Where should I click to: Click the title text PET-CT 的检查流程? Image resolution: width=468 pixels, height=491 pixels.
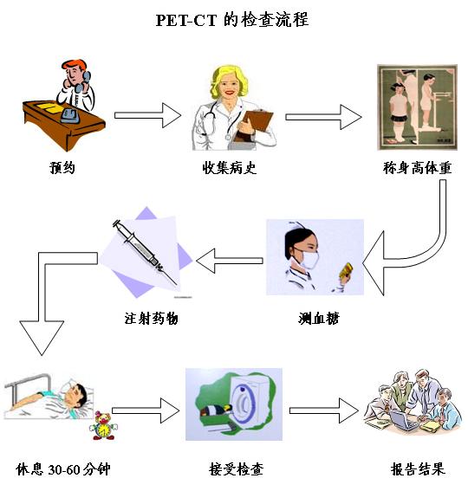pos(232,20)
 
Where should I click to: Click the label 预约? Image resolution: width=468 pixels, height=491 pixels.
pos(62,167)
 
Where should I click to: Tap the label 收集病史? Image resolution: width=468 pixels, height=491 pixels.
pos(229,167)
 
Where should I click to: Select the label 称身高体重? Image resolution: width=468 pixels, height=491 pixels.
pos(417,168)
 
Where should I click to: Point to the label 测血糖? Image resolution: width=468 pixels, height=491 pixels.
pos(318,319)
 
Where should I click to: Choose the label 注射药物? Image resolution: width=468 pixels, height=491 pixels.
pos(151,319)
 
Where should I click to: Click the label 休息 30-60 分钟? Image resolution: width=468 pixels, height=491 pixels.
pos(63,469)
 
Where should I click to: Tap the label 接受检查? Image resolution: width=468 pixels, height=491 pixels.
pos(236,469)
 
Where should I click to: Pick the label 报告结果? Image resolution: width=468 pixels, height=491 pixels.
pos(418,469)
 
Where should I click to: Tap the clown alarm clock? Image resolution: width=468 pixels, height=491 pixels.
pos(103,425)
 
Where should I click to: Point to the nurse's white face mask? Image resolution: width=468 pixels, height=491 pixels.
pos(309,258)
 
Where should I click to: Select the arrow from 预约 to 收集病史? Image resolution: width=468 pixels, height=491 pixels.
pos(147,115)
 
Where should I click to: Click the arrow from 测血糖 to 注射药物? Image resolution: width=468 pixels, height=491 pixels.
pos(230,261)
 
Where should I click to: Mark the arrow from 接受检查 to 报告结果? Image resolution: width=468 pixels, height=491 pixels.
pos(323,410)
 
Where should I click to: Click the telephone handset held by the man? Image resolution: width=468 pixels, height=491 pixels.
pos(82,82)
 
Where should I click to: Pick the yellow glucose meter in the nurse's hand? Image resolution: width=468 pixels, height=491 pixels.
pos(346,270)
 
